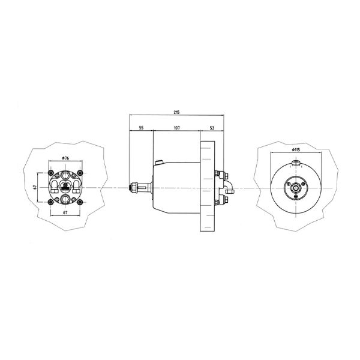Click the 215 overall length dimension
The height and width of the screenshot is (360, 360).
(x=176, y=112)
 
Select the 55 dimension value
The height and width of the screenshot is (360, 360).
(x=141, y=128)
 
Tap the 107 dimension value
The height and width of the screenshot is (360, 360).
(x=176, y=128)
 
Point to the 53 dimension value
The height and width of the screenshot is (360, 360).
(x=212, y=128)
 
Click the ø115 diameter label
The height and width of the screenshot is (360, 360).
(x=296, y=149)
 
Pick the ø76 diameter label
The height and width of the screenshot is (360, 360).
(x=65, y=158)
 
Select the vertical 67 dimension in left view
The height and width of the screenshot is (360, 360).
(x=35, y=187)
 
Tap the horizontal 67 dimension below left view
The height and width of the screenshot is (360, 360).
(x=65, y=213)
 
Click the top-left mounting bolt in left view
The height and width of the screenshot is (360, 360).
(x=50, y=173)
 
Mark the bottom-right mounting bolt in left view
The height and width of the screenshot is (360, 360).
(x=80, y=202)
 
